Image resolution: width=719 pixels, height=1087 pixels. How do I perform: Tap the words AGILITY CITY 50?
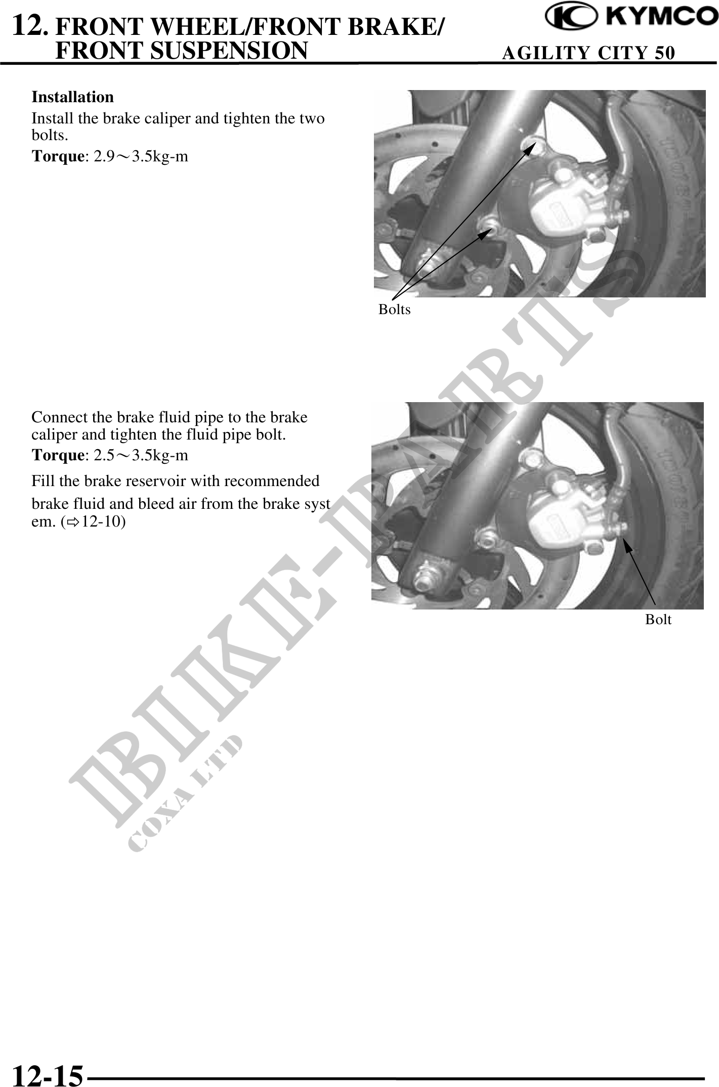coord(588,53)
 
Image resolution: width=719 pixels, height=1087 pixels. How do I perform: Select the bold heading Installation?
coord(73,97)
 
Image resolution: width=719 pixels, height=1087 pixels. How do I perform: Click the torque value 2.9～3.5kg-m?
coord(141,156)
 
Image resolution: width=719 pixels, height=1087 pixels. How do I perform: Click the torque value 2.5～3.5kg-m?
coord(141,455)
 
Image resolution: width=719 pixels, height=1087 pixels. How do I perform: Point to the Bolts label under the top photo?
coord(395,310)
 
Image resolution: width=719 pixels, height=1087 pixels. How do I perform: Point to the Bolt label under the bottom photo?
coord(658,619)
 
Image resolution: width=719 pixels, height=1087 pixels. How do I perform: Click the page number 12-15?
coord(47,1073)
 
